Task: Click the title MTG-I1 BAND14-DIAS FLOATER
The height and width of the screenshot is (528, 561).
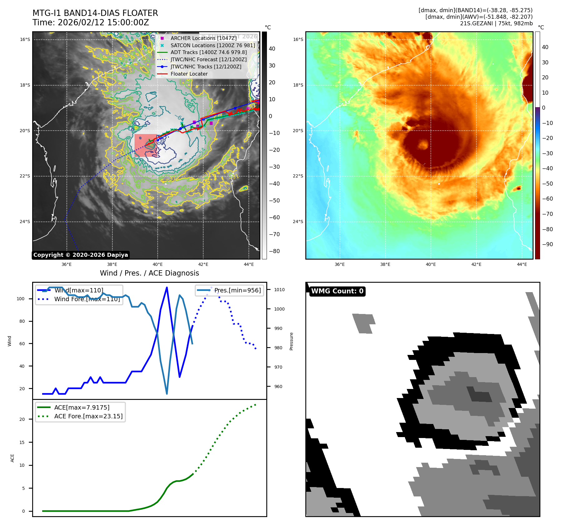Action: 95,13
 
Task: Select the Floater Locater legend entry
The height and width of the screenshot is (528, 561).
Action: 189,74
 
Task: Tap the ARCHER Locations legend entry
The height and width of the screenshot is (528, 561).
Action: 204,38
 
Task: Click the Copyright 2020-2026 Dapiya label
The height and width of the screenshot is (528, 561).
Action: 81,255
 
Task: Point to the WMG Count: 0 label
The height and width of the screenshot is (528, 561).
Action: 337,291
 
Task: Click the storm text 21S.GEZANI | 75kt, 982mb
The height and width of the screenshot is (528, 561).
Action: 496,23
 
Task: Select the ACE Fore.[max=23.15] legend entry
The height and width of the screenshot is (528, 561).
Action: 88,416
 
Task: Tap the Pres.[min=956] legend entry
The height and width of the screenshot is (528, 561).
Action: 237,290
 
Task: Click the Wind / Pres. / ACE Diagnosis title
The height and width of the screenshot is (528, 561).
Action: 149,273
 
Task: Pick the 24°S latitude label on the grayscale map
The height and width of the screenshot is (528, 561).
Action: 25,222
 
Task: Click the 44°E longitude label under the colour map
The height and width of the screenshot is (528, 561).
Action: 522,265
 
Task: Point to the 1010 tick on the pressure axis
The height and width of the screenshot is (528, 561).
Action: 279,290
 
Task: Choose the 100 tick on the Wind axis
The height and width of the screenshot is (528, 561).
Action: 21,299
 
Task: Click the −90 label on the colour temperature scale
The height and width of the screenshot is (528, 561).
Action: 547,244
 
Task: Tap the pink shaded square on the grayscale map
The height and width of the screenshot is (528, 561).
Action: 145,146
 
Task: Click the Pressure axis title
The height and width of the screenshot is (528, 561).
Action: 291,341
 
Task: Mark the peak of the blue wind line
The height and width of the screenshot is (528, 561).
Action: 167,287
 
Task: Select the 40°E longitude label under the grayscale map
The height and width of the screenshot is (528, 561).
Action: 158,265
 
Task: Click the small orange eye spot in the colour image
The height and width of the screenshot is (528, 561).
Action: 423,145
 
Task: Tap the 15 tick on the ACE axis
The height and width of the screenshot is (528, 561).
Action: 22,442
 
